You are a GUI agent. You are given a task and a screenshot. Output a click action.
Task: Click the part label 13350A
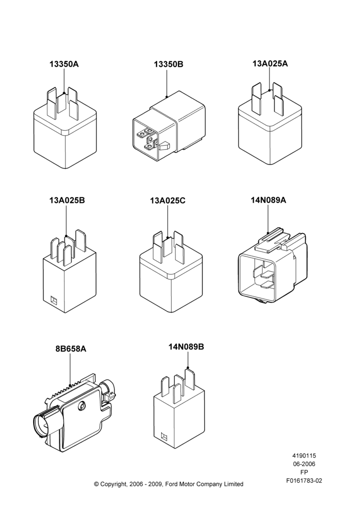(64, 64)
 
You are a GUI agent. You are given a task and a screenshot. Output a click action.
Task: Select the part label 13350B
(169, 64)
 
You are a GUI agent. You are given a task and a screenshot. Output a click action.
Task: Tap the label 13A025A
(270, 63)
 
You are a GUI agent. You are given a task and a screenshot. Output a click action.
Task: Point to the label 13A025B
(67, 200)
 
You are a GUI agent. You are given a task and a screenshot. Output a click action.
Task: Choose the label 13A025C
(168, 201)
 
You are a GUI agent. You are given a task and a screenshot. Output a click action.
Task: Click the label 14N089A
(268, 200)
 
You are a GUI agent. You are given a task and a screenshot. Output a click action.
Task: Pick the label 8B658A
(71, 349)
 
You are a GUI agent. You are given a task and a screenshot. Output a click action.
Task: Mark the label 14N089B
(186, 347)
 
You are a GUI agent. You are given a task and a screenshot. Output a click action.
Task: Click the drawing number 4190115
(304, 456)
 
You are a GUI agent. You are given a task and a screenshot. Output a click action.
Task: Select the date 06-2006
(304, 464)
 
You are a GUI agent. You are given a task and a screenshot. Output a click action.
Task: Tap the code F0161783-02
(304, 480)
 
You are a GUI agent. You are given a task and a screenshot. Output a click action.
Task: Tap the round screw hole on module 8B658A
(82, 406)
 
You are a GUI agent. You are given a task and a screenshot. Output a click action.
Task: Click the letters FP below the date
(304, 472)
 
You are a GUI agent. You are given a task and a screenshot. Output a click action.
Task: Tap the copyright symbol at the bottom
(96, 484)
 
